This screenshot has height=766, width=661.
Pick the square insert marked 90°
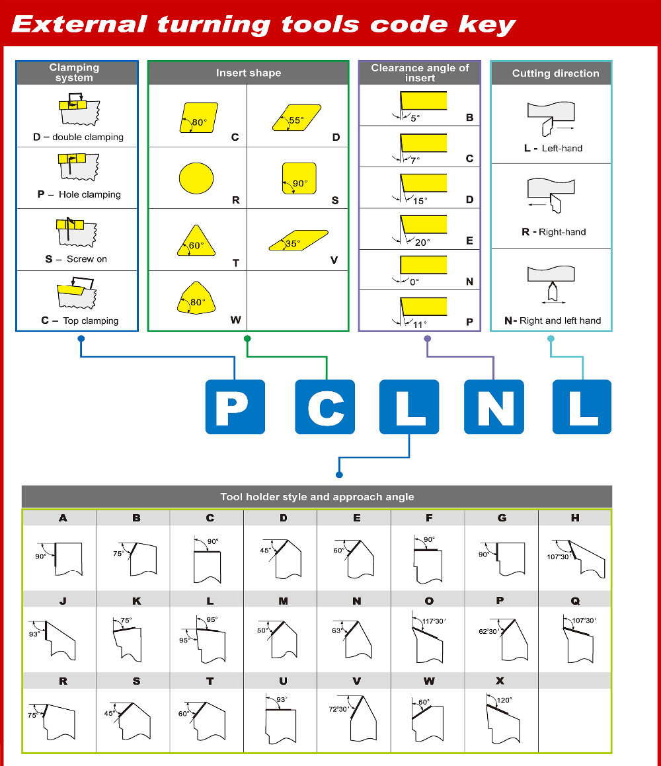coord(299,178)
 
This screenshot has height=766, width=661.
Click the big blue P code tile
coord(235,407)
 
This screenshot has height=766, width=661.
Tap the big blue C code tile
coord(325,407)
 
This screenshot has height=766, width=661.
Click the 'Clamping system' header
coord(74,73)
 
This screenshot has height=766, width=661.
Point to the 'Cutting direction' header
coord(555,73)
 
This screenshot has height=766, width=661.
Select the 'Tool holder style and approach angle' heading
coord(317,497)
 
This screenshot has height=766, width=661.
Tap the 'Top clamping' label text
coord(91,321)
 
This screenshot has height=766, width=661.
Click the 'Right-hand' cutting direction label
coord(562,232)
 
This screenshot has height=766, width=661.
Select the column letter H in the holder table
coord(574,518)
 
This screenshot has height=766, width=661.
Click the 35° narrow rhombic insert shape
coord(298,241)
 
